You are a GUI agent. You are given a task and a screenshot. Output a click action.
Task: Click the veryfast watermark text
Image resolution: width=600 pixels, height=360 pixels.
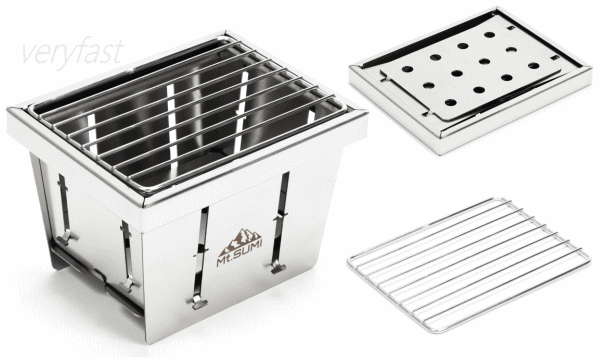(x=73, y=52)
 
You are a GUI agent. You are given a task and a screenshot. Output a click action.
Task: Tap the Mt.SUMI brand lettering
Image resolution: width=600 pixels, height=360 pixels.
(x=240, y=253)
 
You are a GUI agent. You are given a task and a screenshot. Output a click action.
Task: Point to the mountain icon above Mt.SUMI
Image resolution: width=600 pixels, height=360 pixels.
(x=240, y=241)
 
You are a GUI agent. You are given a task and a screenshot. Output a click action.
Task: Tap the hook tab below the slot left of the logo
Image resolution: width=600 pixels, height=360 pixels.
(x=199, y=303)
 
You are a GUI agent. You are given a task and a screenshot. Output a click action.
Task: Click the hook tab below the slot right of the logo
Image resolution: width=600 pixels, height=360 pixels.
(x=278, y=268)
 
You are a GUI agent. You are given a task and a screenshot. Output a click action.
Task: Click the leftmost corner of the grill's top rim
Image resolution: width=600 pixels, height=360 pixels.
(x=8, y=110)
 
